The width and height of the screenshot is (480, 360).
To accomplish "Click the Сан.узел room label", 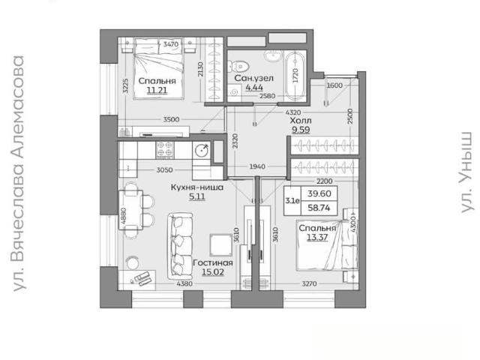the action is coord(253,78).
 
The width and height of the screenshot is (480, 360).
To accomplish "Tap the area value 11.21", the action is coord(157,90).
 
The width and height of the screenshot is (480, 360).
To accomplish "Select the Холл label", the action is coord(301,120).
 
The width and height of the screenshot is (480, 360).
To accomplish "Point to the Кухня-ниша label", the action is coord(196,187).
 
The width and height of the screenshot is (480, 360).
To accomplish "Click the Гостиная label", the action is coord(213,262).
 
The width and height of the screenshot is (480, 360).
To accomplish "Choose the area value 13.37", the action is coord(317,237).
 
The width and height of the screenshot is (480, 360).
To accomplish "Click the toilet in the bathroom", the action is coord(239,65).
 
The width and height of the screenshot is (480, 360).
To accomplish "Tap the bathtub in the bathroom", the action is coord(295,76).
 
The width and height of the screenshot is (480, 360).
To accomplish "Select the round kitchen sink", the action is coord(202,150).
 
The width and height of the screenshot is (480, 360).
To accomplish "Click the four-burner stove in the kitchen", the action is coord(165,150).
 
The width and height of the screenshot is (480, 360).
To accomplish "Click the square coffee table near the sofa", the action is coord(220,244).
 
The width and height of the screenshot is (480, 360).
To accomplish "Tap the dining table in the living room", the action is coord(131,210).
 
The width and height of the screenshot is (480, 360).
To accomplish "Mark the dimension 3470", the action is coord(170,44).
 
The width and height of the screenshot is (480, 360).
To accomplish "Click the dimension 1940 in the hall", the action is coord(257,166).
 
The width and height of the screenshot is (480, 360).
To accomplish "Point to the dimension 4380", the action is coord(184,283).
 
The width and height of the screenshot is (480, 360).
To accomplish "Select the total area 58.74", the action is coord(319,208).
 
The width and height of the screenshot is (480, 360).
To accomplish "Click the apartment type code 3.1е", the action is coord(292,201).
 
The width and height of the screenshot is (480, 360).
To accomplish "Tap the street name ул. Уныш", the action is coord(466,172).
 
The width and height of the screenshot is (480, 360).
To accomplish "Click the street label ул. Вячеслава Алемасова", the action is coord(18,173).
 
